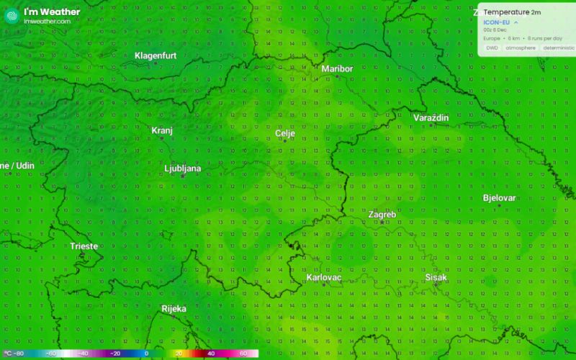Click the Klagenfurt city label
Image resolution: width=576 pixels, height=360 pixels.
(x=156, y=55)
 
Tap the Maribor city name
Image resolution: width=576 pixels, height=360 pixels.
(x=337, y=68)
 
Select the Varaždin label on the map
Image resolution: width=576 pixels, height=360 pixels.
(x=431, y=117)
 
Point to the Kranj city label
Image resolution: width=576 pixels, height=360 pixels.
(x=162, y=130)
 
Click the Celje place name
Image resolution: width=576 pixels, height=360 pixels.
(x=286, y=133)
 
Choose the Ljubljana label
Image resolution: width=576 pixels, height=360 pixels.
(x=183, y=168)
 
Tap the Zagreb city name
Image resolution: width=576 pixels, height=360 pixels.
(x=382, y=215)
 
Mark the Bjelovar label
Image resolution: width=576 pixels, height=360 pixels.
(x=499, y=198)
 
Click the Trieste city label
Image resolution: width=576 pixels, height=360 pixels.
(x=84, y=246)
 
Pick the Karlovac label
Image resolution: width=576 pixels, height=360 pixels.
(x=323, y=277)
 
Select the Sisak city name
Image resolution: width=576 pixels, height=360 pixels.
(x=436, y=277)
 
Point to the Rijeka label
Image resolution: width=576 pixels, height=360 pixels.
(x=174, y=309)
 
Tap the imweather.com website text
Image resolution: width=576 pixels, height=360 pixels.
(x=48, y=22)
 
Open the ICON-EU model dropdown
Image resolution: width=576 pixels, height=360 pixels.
(x=500, y=22)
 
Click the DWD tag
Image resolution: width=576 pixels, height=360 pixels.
(x=492, y=48)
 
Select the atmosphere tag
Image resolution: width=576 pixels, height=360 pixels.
(x=520, y=48)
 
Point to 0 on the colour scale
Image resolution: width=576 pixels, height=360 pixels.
(x=146, y=354)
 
